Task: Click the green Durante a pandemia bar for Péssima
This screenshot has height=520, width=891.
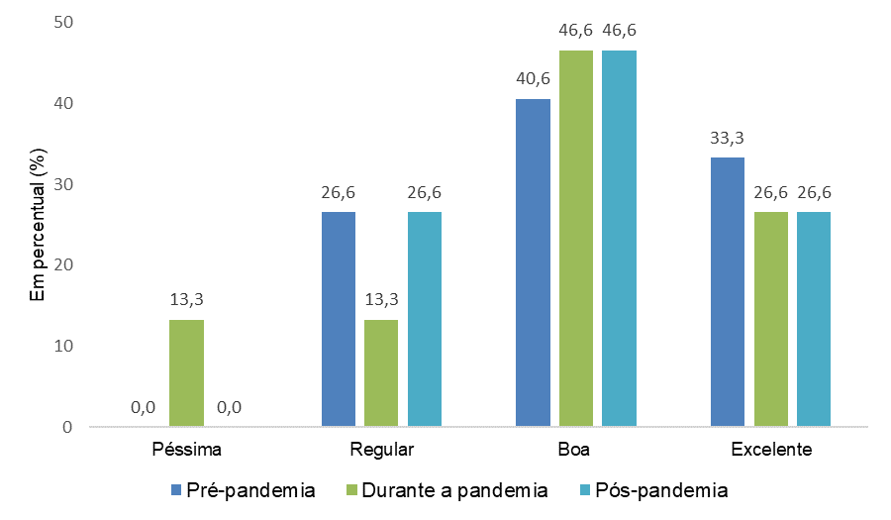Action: tap(186, 373)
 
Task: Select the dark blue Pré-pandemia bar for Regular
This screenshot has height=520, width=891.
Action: tap(339, 319)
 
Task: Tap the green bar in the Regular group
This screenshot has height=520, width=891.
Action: tap(381, 373)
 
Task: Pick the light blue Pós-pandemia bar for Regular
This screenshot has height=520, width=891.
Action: tap(425, 319)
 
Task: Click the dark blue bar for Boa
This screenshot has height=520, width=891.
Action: tap(533, 262)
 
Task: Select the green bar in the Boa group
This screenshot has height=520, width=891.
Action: tap(576, 239)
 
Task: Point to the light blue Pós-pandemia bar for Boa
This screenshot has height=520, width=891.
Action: tap(619, 239)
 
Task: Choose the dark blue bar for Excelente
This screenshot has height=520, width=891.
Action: tap(728, 292)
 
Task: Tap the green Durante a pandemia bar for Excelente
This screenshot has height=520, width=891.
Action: tap(771, 319)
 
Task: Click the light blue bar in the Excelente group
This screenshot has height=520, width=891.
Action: tap(814, 319)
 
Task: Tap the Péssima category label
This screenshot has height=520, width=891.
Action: tap(187, 450)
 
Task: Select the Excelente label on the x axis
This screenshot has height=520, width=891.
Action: tap(771, 450)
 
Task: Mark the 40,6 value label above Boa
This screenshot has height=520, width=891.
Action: tap(533, 79)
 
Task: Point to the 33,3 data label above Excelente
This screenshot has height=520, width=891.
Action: tap(728, 138)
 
